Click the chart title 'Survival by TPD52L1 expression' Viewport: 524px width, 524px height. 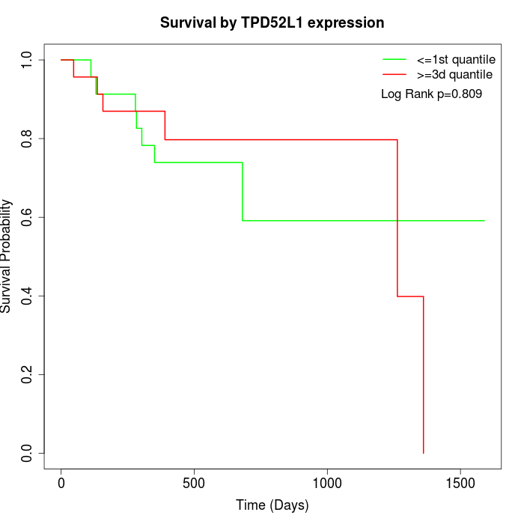pyautogui.click(x=272, y=23)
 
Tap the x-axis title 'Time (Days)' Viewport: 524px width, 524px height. pyautogui.click(x=272, y=505)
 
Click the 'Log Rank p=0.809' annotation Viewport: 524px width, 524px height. pyautogui.click(x=431, y=94)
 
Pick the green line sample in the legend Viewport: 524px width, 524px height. pyautogui.click(x=394, y=58)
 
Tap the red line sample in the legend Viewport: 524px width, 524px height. pyautogui.click(x=394, y=74)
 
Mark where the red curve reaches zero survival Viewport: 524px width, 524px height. pyautogui.click(x=424, y=453)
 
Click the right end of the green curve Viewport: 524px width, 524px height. pyautogui.click(x=484, y=221)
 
